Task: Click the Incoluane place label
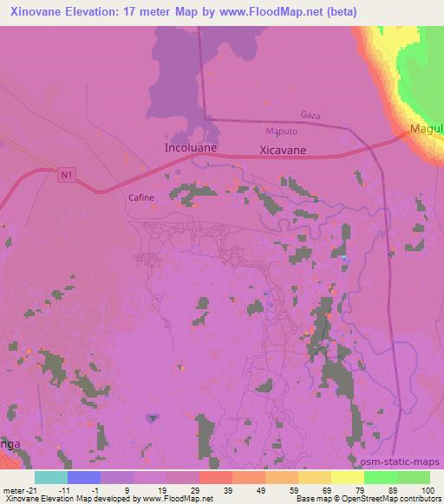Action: click(189, 148)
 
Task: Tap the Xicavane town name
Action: click(283, 150)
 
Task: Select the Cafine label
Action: click(141, 197)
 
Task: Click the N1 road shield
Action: click(67, 175)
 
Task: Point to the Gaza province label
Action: click(310, 114)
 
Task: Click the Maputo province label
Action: click(281, 131)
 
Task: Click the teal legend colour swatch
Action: click(51, 477)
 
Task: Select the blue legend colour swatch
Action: click(84, 477)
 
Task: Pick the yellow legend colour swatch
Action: click(348, 477)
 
